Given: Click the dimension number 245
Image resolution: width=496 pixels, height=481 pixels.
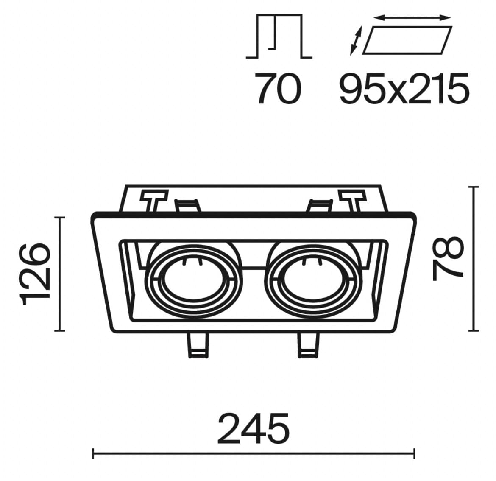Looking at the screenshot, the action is (x=254, y=428).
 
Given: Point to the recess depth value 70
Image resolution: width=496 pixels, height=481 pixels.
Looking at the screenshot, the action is (x=278, y=89).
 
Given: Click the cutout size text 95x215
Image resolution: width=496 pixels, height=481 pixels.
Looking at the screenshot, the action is (x=404, y=89).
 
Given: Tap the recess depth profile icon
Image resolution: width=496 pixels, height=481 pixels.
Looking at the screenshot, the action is (x=279, y=36).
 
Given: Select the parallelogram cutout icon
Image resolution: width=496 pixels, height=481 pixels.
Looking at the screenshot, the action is (x=407, y=40).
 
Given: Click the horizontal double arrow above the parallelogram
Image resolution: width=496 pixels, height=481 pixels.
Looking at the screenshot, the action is (x=412, y=18).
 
